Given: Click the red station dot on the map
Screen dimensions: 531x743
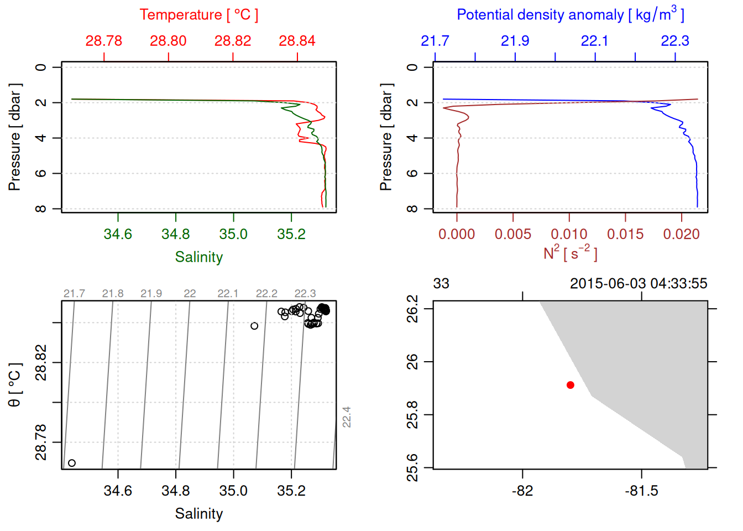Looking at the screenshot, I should [x=570, y=385].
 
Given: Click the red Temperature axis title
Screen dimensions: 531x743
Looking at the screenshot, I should [x=198, y=15].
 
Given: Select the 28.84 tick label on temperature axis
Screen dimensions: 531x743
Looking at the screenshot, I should [x=297, y=41].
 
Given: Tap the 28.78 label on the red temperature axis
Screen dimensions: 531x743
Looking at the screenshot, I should [x=104, y=41].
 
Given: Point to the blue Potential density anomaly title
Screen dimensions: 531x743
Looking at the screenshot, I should [x=570, y=14].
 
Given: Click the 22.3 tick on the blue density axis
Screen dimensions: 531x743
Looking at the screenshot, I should [x=675, y=41].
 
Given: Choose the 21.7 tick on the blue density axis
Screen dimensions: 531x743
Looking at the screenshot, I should [x=435, y=41].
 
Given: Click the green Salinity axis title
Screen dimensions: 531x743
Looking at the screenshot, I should [x=198, y=257].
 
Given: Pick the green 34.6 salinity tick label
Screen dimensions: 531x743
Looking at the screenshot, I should [x=118, y=234].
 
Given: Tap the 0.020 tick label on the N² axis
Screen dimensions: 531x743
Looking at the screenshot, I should [x=681, y=234].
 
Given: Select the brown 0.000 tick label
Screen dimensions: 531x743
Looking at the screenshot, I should [x=457, y=234].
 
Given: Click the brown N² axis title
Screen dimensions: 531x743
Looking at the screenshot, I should [x=570, y=253].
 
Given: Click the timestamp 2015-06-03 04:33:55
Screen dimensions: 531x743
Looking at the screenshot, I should [x=639, y=284].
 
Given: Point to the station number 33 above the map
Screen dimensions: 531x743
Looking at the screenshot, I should [x=441, y=284].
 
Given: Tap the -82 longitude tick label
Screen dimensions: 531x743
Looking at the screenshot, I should [x=522, y=491].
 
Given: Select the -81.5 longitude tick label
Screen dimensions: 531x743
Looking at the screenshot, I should [x=641, y=491].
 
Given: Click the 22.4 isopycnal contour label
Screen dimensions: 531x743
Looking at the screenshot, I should [x=347, y=417].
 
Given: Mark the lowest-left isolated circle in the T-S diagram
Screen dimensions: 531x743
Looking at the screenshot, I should [x=72, y=463].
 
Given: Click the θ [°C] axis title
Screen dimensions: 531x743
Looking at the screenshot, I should [x=14, y=385].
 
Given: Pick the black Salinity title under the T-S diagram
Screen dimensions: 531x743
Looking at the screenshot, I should [x=198, y=514].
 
